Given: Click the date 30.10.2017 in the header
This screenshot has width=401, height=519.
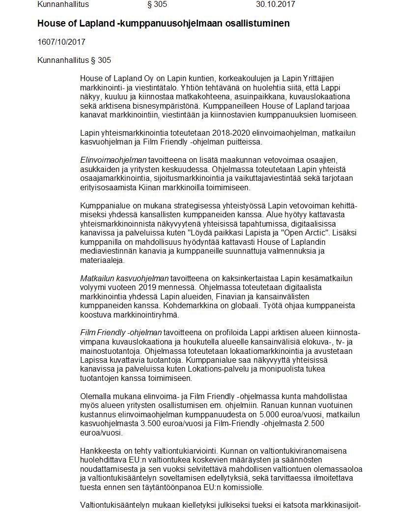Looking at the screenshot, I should pos(275,4).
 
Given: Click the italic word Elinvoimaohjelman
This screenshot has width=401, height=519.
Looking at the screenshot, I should pos(113,160).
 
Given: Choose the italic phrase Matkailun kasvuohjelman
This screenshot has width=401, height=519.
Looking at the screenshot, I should pos(124,278).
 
